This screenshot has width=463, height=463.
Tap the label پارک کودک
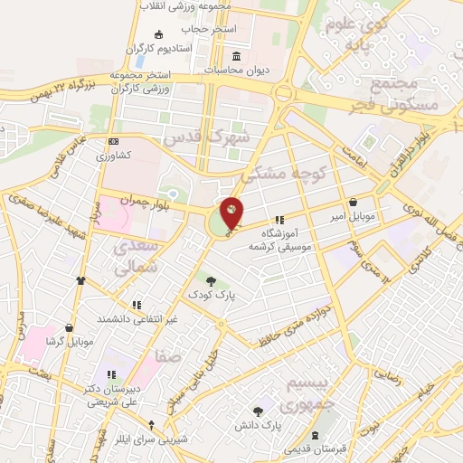[211, 295]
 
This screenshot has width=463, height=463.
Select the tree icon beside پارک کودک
[211, 280]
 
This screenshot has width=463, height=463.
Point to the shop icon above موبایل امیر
[352, 203]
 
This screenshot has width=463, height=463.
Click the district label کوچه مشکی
[284, 169]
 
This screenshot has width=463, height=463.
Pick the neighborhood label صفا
[165, 357]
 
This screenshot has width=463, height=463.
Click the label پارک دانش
[259, 424]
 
